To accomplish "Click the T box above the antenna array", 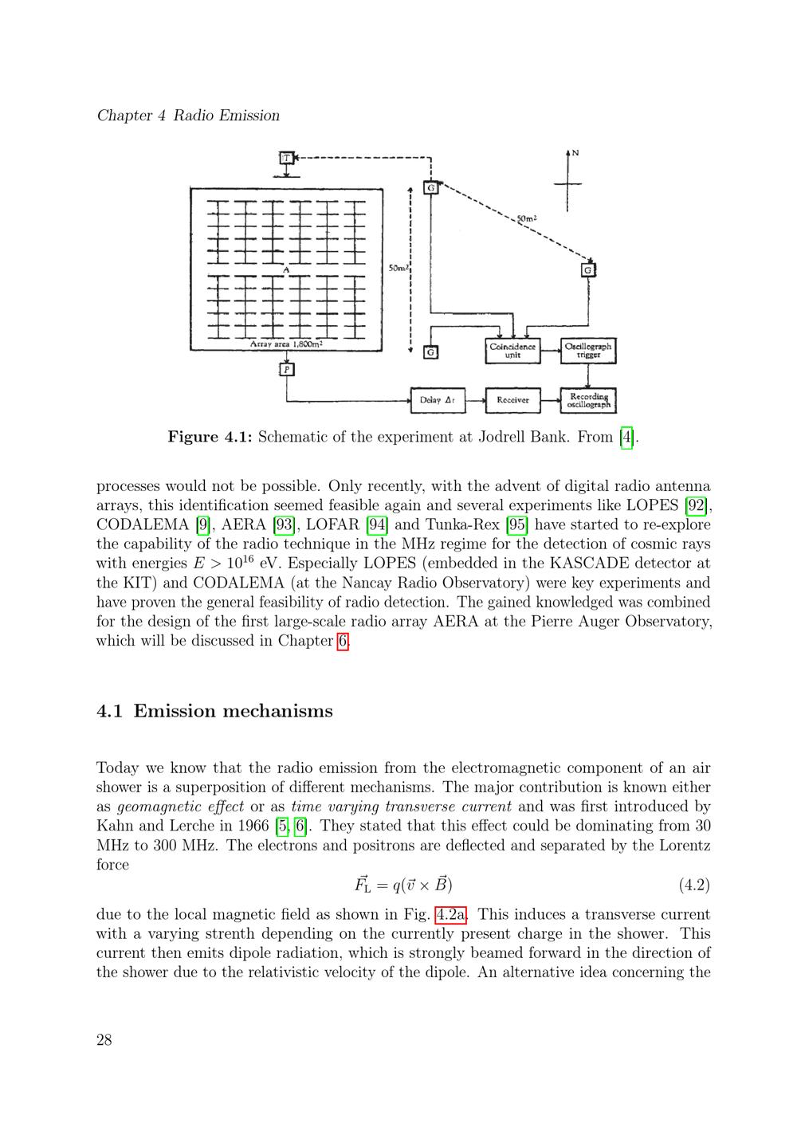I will pos(287,158).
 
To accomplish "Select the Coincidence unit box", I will pos(512,351).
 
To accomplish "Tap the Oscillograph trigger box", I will pos(588,351).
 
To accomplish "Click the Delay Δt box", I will pos(437,400).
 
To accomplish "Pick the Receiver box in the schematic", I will pos(512,400).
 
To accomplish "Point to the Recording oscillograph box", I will pos(588,400).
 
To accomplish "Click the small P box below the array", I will pos(287,369).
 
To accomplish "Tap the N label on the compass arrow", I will pos(575,153).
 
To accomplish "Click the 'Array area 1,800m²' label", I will pos(286,344).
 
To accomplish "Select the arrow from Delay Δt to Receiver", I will pos(475,400).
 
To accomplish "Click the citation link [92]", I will pos(698,505).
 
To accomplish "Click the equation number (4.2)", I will pos(693,885).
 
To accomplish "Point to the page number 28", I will pos(104,1039).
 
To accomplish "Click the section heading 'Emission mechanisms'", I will pos(233,711).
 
